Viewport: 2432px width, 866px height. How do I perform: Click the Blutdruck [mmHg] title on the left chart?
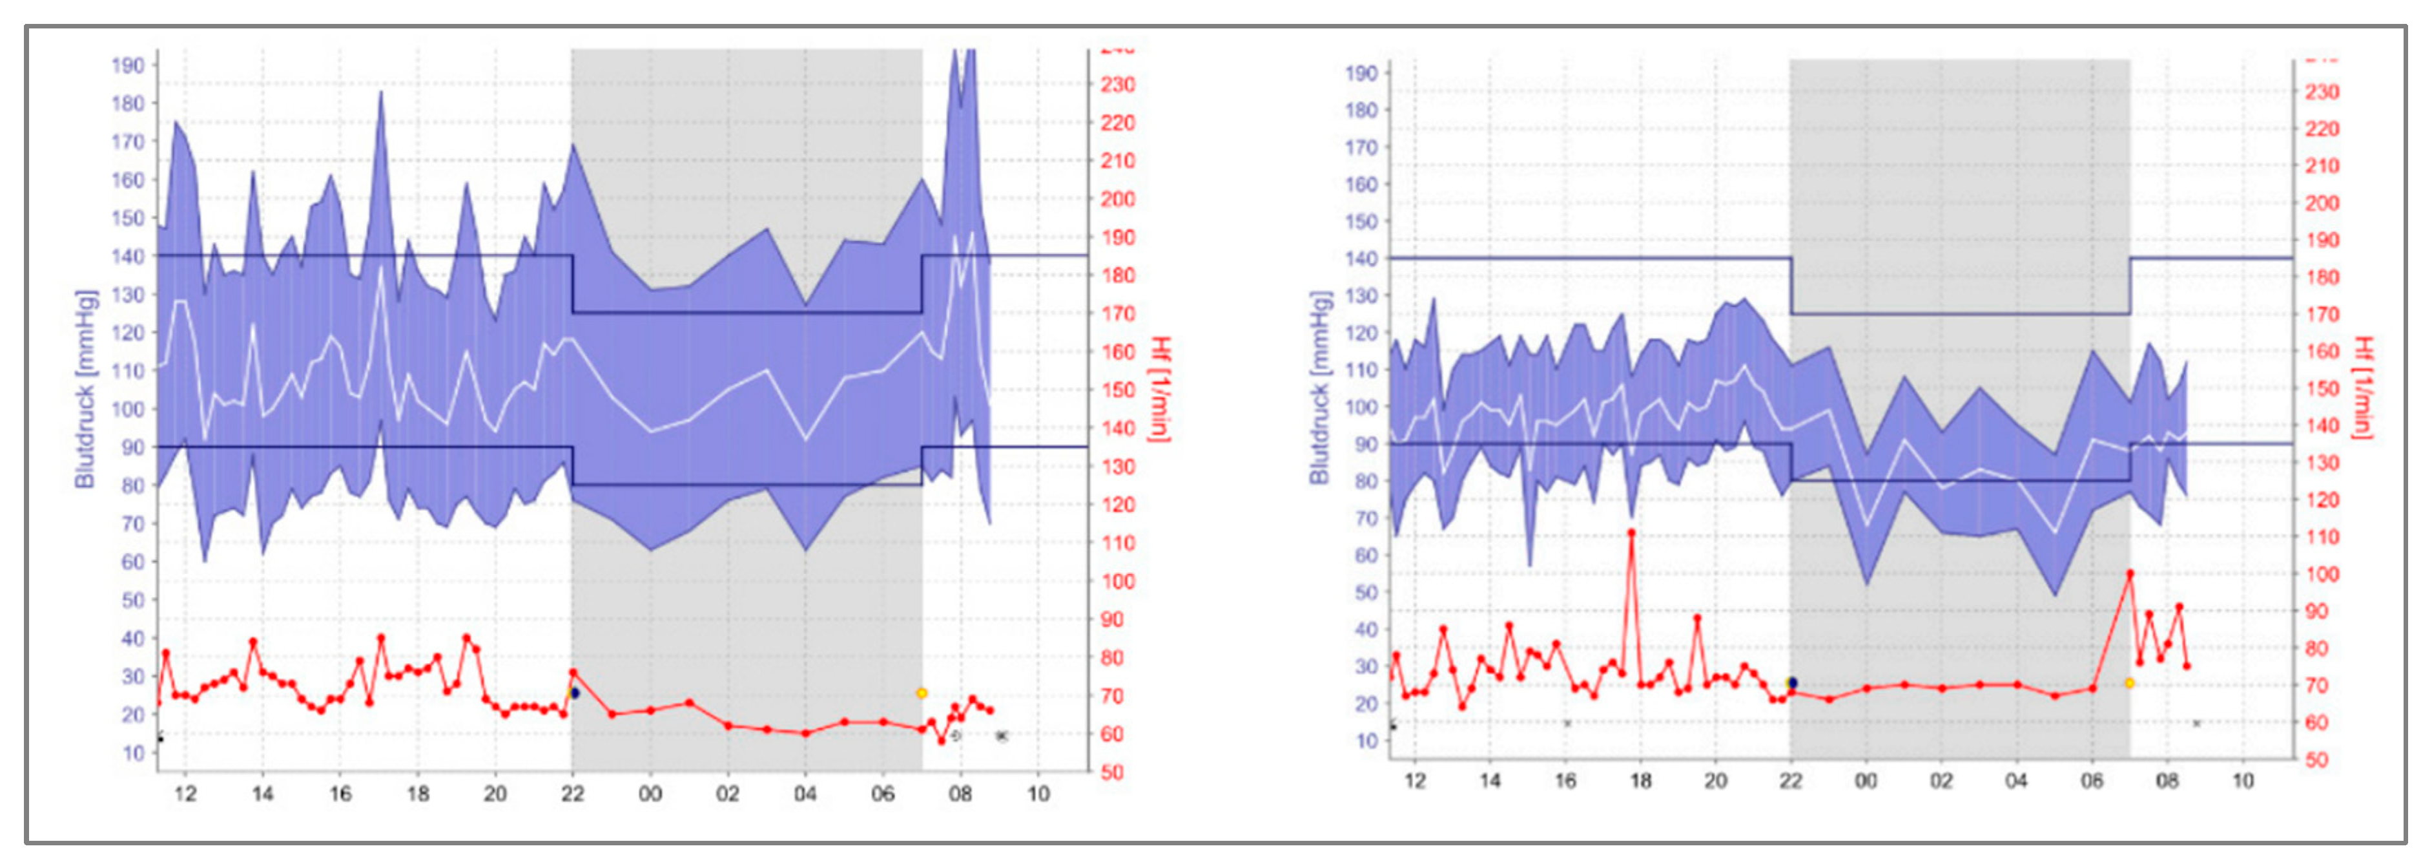85,389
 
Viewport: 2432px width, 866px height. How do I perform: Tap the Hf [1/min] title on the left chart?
1159,389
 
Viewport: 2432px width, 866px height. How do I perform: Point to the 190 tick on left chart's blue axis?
127,65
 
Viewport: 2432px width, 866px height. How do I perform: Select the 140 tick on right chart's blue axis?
1361,258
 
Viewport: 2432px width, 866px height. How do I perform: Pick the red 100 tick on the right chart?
2322,574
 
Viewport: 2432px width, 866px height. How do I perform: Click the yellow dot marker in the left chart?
922,693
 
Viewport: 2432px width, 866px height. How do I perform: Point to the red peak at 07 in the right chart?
2130,574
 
